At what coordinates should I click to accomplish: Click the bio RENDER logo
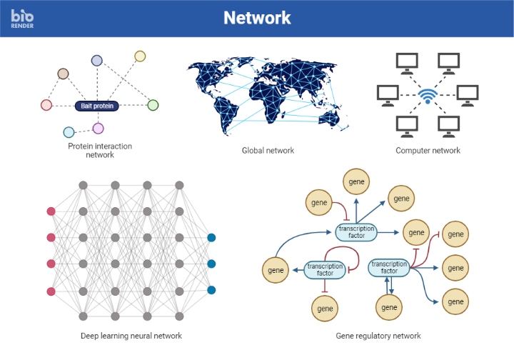pyautogui.click(x=22, y=18)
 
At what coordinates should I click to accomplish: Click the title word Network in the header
pyautogui.click(x=257, y=18)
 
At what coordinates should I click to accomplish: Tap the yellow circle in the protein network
pyautogui.click(x=140, y=56)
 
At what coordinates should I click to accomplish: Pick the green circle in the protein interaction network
pyautogui.click(x=153, y=105)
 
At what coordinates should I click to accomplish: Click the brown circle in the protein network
pyautogui.click(x=63, y=74)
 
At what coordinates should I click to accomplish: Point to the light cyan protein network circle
pyautogui.click(x=69, y=132)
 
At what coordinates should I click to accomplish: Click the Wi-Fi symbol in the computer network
pyautogui.click(x=428, y=95)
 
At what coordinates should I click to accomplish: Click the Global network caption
pyautogui.click(x=268, y=151)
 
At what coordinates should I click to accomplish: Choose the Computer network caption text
pyautogui.click(x=428, y=151)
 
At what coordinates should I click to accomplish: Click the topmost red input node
pyautogui.click(x=51, y=211)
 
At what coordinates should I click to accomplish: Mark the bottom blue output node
pyautogui.click(x=211, y=290)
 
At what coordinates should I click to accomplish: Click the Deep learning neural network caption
pyautogui.click(x=131, y=336)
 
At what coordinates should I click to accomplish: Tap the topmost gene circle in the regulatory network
pyautogui.click(x=356, y=181)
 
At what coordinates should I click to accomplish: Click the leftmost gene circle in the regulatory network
pyautogui.click(x=276, y=271)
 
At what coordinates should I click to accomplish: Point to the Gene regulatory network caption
pyautogui.click(x=378, y=336)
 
